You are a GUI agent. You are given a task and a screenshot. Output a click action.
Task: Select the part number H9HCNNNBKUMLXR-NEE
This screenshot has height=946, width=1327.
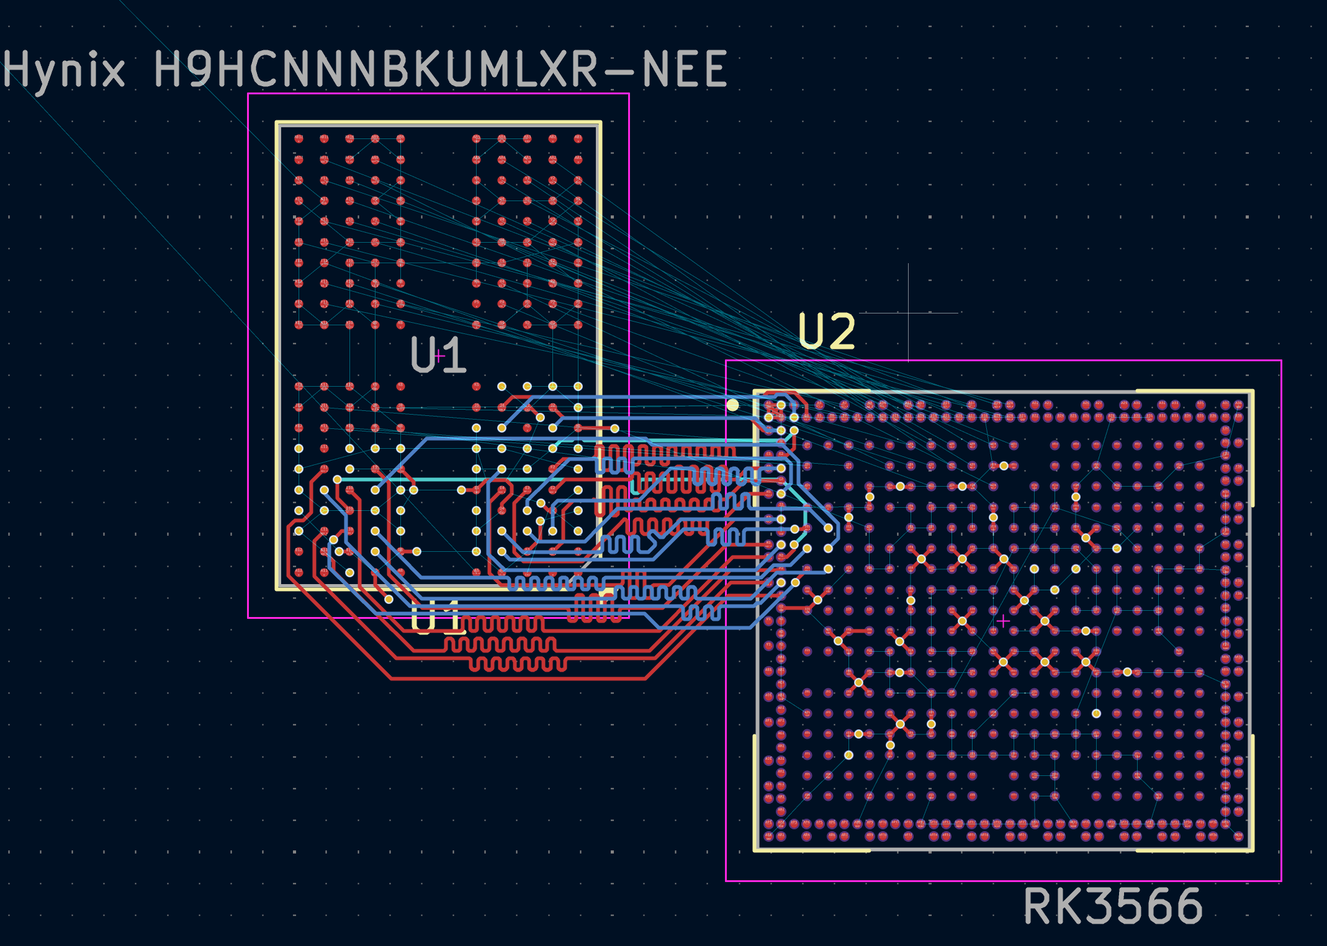pos(440,69)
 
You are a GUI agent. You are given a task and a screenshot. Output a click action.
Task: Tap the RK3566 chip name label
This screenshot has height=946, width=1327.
pos(1113,907)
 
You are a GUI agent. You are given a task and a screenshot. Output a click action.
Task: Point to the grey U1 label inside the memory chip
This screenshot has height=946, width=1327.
pos(438,355)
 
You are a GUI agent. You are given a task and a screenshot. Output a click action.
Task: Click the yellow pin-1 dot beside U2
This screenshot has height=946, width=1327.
pos(732,405)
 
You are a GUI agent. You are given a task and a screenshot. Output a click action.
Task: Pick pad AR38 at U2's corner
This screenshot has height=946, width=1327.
pos(1238,836)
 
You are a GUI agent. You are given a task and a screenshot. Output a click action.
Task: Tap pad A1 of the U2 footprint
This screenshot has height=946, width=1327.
pos(769,405)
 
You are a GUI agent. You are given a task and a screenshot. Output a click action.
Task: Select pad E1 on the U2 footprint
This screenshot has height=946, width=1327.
pos(769,455)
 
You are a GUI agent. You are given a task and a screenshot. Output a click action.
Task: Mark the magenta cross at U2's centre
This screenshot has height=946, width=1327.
pos(1003,620)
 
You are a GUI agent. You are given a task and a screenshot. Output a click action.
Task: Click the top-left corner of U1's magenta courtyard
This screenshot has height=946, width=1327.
pos(248,94)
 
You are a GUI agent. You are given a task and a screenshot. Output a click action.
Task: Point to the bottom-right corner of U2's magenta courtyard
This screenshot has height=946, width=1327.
pos(1281,880)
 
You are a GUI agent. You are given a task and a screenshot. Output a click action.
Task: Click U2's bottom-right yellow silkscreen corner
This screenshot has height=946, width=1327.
pos(1251,849)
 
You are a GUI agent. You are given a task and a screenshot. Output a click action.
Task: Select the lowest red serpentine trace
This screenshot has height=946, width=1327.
pos(517,665)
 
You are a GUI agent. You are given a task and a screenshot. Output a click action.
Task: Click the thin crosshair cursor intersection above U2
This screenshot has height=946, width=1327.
pos(908,313)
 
